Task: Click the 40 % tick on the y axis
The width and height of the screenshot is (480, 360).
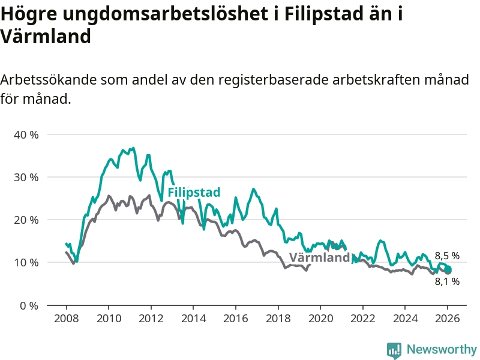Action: click(x=26, y=134)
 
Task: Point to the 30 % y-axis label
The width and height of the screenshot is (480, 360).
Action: click(x=26, y=177)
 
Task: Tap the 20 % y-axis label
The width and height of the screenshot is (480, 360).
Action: click(x=26, y=220)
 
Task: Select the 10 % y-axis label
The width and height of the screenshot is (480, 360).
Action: click(x=26, y=262)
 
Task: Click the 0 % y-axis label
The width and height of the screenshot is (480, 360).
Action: click(x=29, y=305)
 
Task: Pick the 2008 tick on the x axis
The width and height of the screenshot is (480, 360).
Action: click(x=65, y=318)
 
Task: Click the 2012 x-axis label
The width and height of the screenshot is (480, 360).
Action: click(x=151, y=318)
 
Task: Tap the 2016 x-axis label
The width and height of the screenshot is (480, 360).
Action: click(x=235, y=318)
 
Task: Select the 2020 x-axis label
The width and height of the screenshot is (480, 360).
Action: click(x=320, y=318)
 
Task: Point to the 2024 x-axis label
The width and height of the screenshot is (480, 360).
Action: click(x=405, y=318)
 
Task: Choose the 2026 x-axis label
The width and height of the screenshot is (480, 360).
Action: click(x=448, y=318)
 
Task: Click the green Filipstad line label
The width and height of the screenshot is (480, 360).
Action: click(x=194, y=193)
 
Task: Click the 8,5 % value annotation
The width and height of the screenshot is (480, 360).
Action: click(x=447, y=256)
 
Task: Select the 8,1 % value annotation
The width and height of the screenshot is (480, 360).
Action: click(x=447, y=281)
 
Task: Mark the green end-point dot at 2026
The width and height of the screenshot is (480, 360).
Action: click(x=448, y=269)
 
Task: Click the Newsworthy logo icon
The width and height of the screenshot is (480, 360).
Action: click(x=394, y=350)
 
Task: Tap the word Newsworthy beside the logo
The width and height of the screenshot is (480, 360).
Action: click(x=442, y=349)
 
